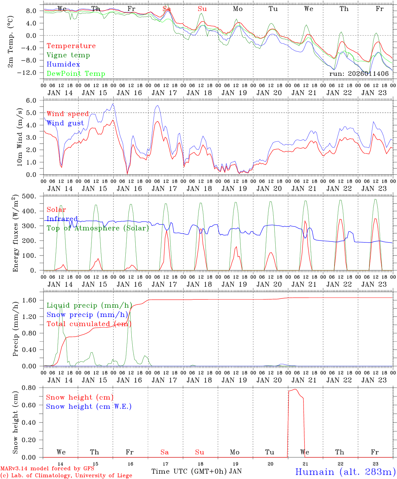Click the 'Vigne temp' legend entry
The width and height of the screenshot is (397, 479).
68,55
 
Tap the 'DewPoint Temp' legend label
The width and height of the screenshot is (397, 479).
76,74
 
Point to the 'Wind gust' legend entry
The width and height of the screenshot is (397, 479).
65,123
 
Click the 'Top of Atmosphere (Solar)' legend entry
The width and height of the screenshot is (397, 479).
98,228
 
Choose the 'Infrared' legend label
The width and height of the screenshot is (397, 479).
62,219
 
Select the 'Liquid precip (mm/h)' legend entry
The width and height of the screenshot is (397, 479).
89,305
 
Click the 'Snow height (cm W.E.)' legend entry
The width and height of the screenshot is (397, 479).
89,406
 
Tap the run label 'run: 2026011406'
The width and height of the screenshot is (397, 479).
359,74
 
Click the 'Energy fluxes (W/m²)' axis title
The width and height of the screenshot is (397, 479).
15,234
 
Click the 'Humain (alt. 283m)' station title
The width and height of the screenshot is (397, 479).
345,472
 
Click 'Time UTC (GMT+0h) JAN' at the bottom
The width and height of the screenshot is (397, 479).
196,471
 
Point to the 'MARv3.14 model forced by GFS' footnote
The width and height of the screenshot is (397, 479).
47,469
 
